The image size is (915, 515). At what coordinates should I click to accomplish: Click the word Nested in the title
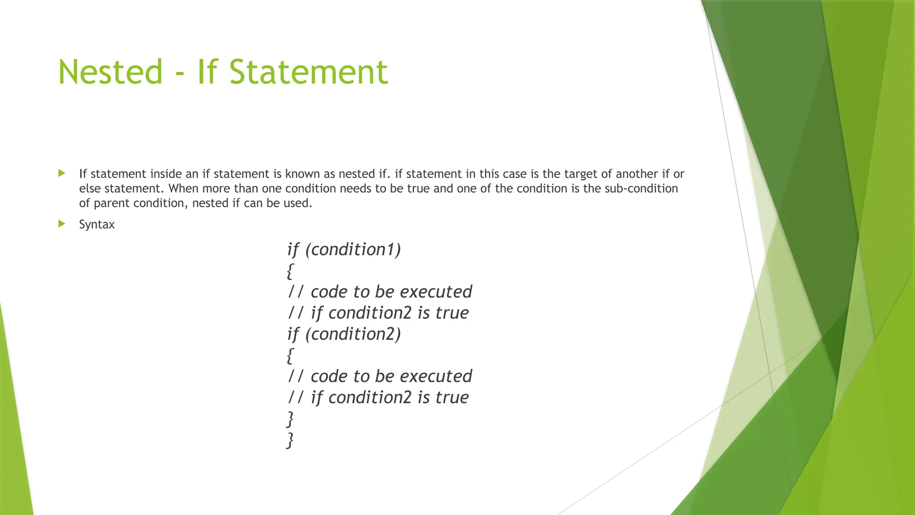(110, 72)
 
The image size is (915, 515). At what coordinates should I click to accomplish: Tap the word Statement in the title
(309, 72)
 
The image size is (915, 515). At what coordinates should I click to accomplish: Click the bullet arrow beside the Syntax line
(62, 224)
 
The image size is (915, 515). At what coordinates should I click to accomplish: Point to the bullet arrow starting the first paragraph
(62, 173)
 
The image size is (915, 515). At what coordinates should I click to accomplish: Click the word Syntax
(97, 224)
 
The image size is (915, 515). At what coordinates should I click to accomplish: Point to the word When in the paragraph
(183, 188)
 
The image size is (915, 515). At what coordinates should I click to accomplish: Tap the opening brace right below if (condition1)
(290, 271)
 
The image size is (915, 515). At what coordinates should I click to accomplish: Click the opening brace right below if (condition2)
(290, 355)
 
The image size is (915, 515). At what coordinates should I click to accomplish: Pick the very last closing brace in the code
(290, 440)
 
